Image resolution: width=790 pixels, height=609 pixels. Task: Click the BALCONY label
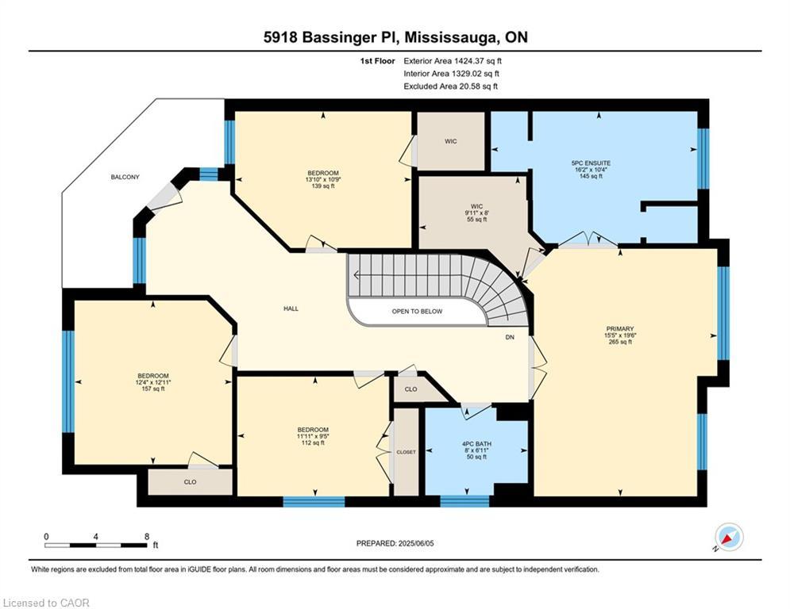[125, 177]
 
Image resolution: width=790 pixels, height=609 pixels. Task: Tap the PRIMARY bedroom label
[620, 328]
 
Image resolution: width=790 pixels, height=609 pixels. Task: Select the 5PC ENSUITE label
[591, 163]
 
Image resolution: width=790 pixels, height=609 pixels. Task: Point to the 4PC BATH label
[476, 444]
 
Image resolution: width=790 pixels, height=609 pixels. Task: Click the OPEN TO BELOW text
[417, 312]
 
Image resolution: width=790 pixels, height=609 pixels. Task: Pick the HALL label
[291, 308]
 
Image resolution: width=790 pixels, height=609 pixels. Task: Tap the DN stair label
[510, 337]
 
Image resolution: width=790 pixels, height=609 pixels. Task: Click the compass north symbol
[729, 538]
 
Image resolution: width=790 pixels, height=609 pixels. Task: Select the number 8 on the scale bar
[147, 537]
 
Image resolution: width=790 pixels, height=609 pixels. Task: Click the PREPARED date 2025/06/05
[416, 543]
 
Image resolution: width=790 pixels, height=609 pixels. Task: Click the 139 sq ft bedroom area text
[323, 186]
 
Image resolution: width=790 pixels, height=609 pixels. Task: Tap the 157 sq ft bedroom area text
[153, 389]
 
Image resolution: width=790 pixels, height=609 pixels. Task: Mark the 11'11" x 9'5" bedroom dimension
[313, 436]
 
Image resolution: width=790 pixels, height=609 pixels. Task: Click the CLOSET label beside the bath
[406, 452]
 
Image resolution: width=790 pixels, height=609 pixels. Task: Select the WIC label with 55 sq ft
[476, 206]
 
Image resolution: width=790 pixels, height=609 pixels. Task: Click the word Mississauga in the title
[451, 38]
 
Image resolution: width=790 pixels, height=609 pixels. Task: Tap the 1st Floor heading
[377, 61]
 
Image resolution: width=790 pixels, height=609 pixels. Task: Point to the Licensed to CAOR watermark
[46, 603]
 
